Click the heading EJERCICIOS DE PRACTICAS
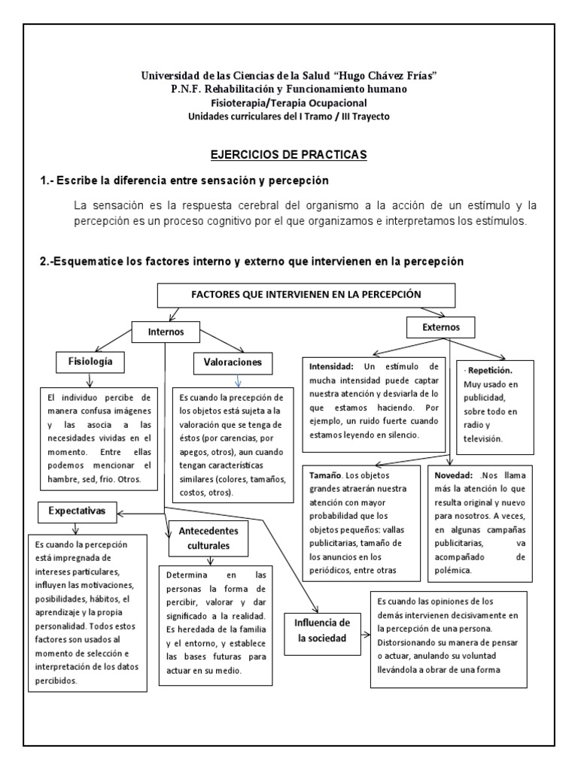(288, 154)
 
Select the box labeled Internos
(166, 331)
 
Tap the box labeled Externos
(440, 327)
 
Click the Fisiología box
(90, 362)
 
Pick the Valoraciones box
(233, 362)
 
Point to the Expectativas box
(78, 512)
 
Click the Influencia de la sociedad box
(323, 629)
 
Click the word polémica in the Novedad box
(458, 571)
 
